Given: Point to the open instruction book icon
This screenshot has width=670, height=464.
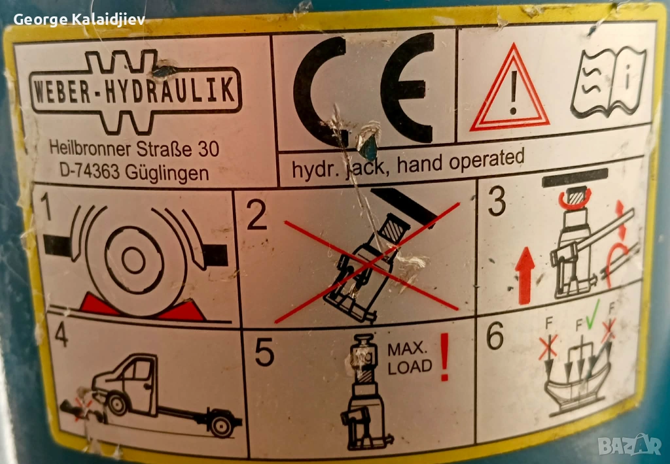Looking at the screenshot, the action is [x=608, y=82].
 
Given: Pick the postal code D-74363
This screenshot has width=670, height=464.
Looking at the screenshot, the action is [x=89, y=171].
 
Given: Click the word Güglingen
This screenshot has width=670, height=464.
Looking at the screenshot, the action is [x=167, y=174].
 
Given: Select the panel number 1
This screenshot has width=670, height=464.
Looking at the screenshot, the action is [x=45, y=207].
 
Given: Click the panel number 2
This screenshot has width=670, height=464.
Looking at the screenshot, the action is [x=256, y=215].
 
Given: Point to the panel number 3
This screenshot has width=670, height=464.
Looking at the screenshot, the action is [x=497, y=201].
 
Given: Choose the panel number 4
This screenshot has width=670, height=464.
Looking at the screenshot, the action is [x=61, y=335].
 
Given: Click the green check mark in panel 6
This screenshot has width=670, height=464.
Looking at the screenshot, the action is [x=592, y=315].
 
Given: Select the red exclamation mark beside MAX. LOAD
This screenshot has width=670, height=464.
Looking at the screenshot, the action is [x=445, y=357].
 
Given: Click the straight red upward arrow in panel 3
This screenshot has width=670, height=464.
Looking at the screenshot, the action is [x=525, y=275].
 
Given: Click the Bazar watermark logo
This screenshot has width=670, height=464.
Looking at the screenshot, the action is [x=630, y=445].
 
